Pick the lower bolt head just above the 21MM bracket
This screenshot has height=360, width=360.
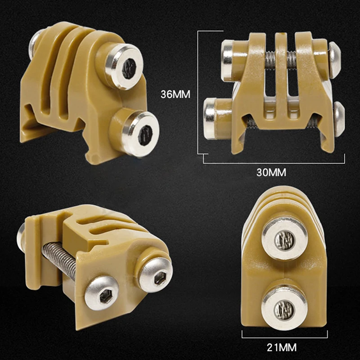285,308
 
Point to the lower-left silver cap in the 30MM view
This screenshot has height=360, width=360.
211,112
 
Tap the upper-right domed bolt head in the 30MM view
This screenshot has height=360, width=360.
334,58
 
